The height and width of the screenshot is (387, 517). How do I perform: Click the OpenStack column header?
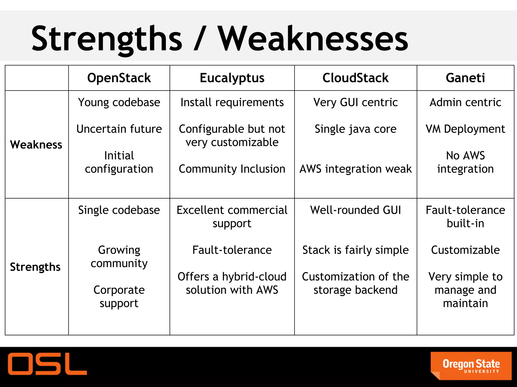pos(119,78)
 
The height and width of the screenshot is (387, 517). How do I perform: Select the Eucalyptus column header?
pos(232,78)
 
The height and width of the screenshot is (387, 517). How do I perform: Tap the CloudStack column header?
pos(355,78)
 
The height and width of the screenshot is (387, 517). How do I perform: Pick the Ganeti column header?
pos(465,78)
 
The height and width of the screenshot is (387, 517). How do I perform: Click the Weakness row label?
pos(36,145)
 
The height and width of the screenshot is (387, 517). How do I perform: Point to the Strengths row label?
pos(35,267)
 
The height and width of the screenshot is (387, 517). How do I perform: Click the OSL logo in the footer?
pos(47,364)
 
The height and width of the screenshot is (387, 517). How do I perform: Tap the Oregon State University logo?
pos(471,366)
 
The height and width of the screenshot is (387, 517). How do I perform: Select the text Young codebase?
pos(119,102)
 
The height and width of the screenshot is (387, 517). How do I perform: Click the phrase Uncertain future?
pos(119,129)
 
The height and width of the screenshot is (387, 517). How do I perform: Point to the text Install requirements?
pos(232,102)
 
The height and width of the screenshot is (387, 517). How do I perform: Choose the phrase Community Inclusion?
pos(232,169)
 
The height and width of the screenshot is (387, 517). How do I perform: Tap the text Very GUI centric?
pos(355,102)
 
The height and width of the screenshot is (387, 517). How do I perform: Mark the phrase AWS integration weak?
pos(355,169)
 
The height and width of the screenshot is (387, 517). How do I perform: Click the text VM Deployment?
pos(465,129)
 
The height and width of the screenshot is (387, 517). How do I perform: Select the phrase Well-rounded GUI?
pos(355,210)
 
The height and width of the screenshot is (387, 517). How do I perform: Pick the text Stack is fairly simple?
pos(355,250)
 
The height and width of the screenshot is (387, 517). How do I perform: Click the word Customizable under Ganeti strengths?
pos(465,250)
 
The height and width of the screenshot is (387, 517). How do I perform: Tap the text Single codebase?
pos(119,210)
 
